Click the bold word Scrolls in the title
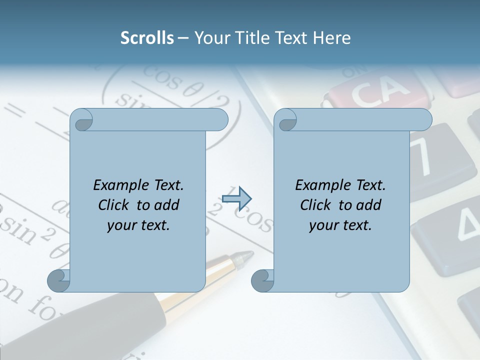[x=147, y=38]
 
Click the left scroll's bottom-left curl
[x=59, y=280]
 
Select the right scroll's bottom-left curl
[x=262, y=280]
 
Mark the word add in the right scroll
[x=369, y=205]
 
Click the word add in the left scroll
[x=167, y=205]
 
